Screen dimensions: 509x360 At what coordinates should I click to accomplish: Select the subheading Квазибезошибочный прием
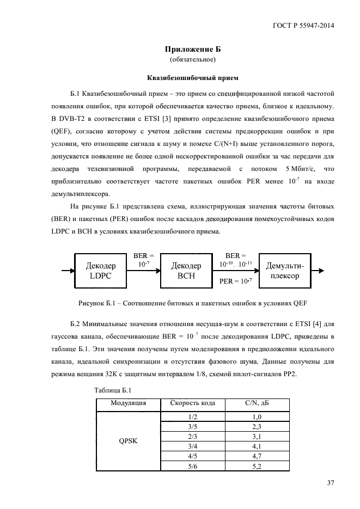click(193, 77)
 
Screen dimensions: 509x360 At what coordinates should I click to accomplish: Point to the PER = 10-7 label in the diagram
click(235, 281)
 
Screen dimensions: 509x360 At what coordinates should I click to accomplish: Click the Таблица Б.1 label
click(113, 390)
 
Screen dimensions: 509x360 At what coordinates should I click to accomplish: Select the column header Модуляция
click(128, 403)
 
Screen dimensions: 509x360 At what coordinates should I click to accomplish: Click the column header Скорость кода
click(197, 403)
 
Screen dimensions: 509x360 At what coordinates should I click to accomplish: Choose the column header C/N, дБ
click(258, 403)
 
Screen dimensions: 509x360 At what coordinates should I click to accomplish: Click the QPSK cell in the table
click(128, 441)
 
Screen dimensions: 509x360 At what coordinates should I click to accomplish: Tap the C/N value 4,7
click(258, 456)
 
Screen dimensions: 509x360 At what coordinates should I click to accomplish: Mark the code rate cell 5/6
click(192, 466)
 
